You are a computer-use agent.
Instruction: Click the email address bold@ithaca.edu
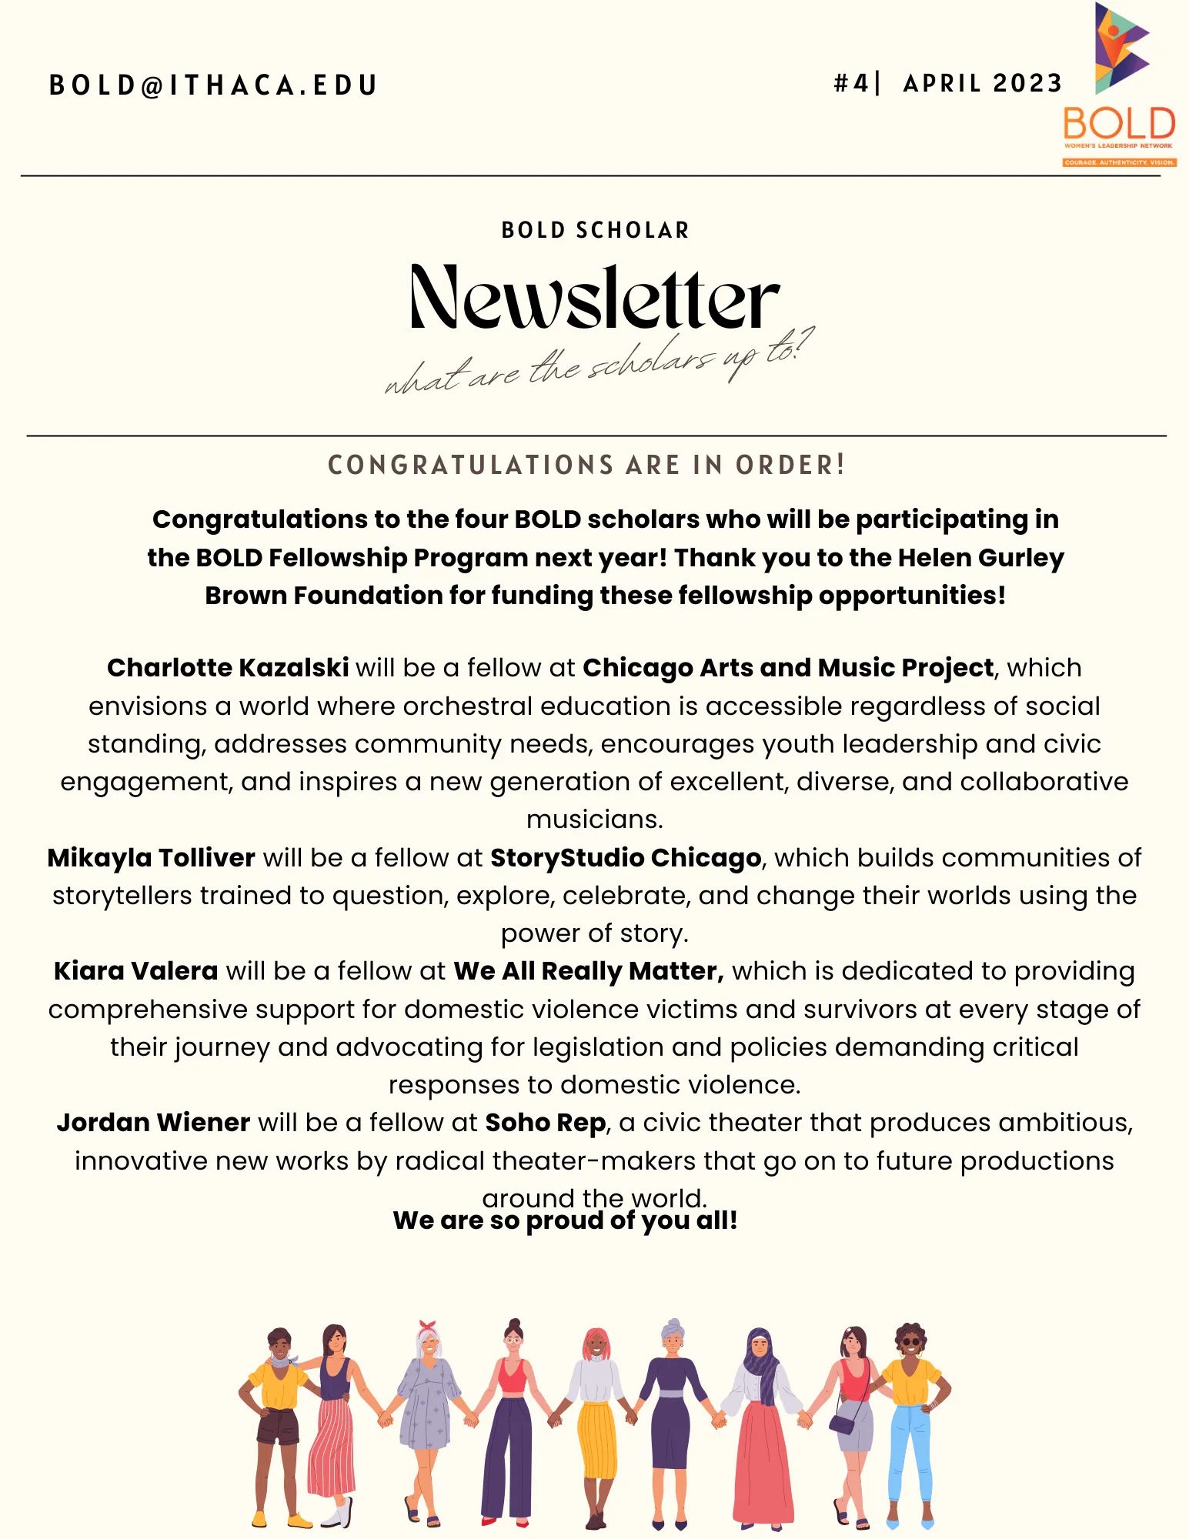213,85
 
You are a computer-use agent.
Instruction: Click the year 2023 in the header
1027,83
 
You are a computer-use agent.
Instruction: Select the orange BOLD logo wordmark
1119,124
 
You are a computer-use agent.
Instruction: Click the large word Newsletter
594,299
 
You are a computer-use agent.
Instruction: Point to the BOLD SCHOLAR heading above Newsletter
595,230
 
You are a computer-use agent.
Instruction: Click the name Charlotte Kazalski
228,668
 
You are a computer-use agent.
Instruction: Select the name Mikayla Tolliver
152,858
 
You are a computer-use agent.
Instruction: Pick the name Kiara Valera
136,971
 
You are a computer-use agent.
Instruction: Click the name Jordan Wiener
153,1123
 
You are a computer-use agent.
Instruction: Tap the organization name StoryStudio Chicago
626,858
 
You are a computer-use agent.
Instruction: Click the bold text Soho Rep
546,1123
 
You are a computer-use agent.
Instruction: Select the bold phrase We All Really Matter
589,971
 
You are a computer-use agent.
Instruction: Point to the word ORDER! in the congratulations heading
790,465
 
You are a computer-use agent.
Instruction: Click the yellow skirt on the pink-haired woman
596,1439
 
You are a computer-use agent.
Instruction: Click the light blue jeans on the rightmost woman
910,1454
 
